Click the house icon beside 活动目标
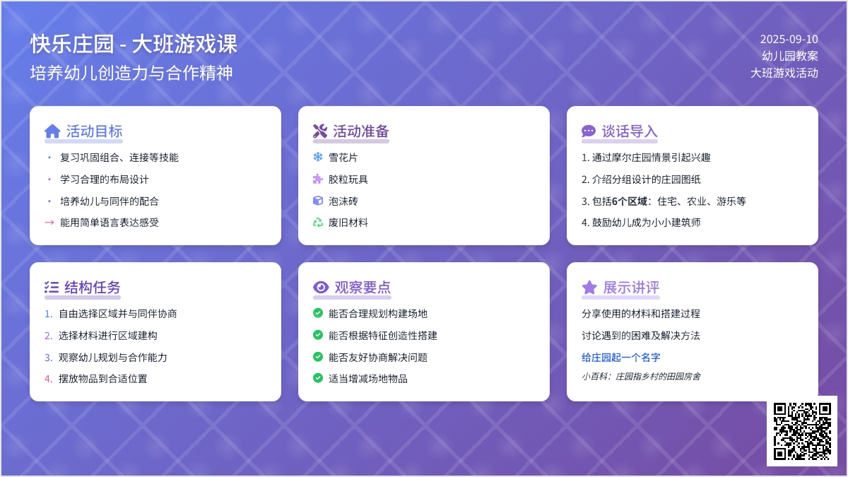pos(52,131)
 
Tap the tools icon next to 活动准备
pos(320,131)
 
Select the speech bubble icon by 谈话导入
pos(589,131)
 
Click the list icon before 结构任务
pos(52,288)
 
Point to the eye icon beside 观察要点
pos(321,288)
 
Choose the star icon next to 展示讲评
pos(589,288)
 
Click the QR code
pos(802,431)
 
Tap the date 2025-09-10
pos(789,39)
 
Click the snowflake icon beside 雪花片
pos(318,157)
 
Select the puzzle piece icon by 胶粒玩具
pos(318,179)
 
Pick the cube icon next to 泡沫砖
pos(318,201)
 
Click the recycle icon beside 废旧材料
pos(318,222)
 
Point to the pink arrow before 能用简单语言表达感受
pos(49,222)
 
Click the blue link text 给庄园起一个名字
pos(621,358)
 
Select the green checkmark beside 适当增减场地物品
pos(318,378)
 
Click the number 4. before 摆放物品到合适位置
pos(49,379)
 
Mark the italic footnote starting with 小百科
pos(641,376)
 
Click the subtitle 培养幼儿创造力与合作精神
pos(131,73)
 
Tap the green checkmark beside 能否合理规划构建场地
pos(318,312)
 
